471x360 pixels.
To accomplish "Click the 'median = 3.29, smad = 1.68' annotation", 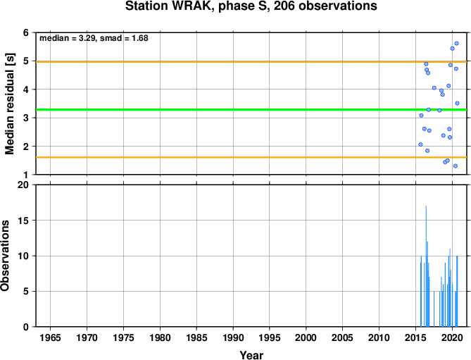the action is [94, 38].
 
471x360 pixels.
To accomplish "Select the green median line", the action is [251, 109].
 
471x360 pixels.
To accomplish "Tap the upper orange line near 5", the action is [251, 61].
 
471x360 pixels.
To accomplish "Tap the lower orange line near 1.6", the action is [251, 157].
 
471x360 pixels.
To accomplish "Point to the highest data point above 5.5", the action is [457, 43].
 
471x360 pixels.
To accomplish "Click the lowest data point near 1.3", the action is [456, 166].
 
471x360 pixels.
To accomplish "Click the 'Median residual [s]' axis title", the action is [10, 104].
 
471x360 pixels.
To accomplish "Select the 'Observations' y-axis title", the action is [5, 256].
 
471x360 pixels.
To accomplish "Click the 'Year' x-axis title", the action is [251, 355].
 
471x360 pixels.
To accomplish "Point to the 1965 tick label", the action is [50, 337].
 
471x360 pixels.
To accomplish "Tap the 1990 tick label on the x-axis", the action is [233, 337].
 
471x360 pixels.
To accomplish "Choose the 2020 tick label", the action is [453, 337].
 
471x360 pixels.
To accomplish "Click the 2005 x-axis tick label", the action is [343, 337].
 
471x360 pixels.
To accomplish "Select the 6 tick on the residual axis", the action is [26, 32].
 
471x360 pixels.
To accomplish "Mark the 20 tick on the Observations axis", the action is [24, 185].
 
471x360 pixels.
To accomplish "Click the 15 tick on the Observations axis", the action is [24, 221].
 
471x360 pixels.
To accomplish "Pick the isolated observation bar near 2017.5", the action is [434, 309].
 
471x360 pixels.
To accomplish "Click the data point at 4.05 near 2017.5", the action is [434, 88].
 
